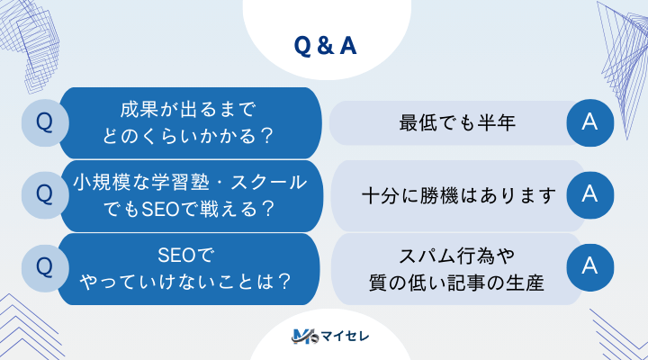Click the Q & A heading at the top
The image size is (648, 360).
[325, 46]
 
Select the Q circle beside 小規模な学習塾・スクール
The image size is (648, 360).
[43, 193]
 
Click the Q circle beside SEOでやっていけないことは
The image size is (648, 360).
[43, 265]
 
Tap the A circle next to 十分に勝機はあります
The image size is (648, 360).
[590, 193]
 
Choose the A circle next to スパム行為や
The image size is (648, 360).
[590, 265]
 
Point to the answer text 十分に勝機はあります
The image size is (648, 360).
[459, 194]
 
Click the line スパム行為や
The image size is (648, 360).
[457, 255]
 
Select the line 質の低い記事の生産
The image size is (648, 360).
[457, 279]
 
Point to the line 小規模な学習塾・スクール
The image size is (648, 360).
[189, 182]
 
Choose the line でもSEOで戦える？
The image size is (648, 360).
[189, 207]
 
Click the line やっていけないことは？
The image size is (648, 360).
[186, 280]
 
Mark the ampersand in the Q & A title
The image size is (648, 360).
[325, 46]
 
